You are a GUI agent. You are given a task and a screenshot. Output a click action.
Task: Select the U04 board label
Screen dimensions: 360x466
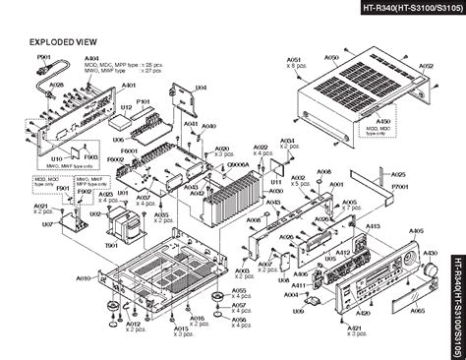[200, 88]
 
